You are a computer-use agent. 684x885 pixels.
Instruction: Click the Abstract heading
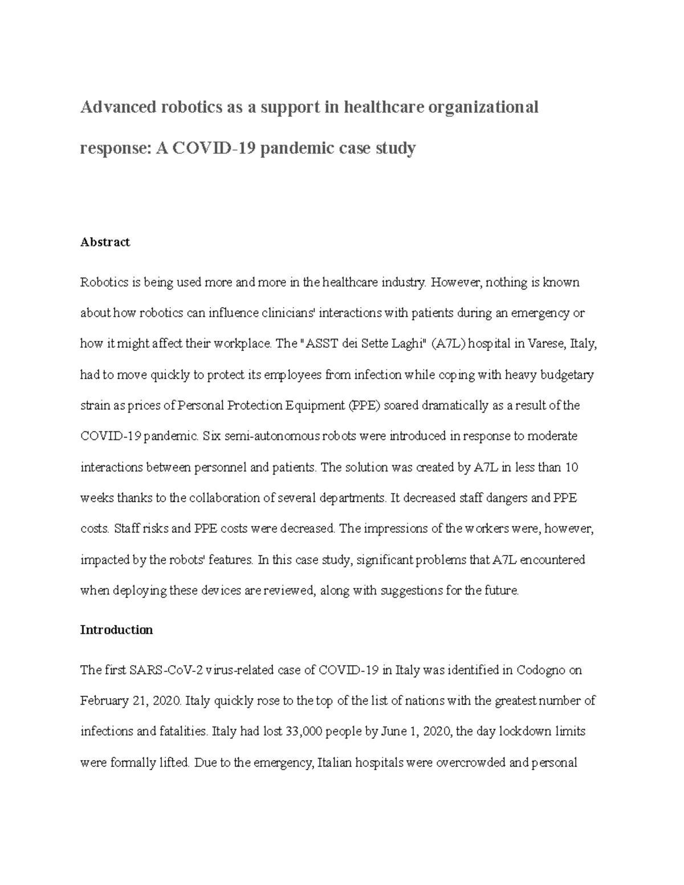click(x=105, y=242)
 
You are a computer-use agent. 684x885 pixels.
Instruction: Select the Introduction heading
click(x=116, y=630)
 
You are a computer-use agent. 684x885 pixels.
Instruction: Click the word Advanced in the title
click(x=116, y=107)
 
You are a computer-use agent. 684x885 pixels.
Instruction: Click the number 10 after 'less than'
click(x=571, y=468)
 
